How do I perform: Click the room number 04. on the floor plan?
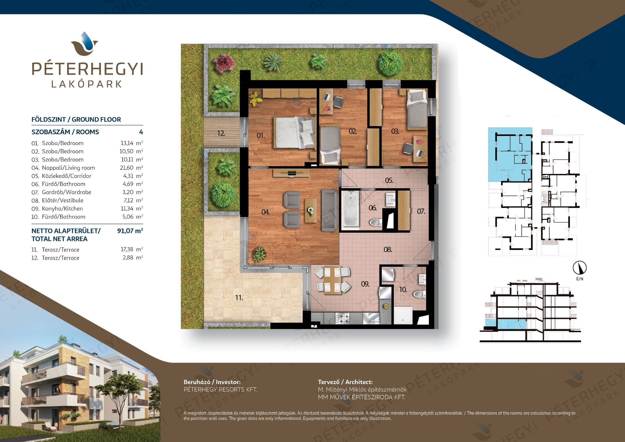click(265, 212)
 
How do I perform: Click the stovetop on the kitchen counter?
click(343, 318)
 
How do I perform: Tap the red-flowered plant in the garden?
click(225, 63)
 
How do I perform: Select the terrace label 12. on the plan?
click(221, 133)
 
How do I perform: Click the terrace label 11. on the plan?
click(239, 297)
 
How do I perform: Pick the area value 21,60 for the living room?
click(127, 168)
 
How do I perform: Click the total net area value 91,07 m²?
click(130, 231)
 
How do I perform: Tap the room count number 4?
click(141, 132)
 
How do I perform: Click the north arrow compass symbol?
click(580, 268)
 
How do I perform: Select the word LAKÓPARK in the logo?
click(87, 84)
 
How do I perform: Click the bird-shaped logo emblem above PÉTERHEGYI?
click(85, 44)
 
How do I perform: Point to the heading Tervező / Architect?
click(345, 382)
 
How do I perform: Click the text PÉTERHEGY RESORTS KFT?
click(220, 390)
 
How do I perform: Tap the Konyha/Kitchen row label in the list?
click(62, 208)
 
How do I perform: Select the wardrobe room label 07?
click(421, 211)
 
